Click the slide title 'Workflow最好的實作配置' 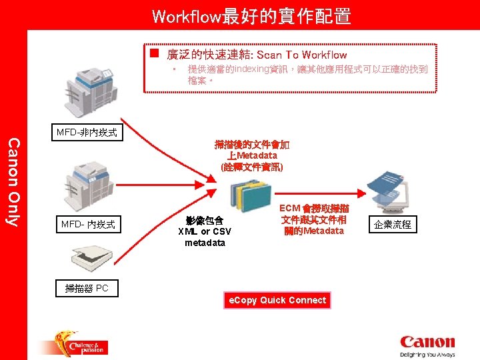pyautogui.click(x=251, y=16)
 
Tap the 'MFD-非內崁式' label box pyautogui.click(x=87, y=133)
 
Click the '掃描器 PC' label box pyautogui.click(x=87, y=288)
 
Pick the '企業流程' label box pyautogui.click(x=393, y=225)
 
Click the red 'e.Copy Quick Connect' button pyautogui.click(x=277, y=300)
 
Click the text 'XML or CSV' pyautogui.click(x=205, y=231)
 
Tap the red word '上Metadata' pyautogui.click(x=251, y=155)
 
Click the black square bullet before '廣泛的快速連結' pyautogui.click(x=154, y=53)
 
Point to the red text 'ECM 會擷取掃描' pyautogui.click(x=313, y=209)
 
